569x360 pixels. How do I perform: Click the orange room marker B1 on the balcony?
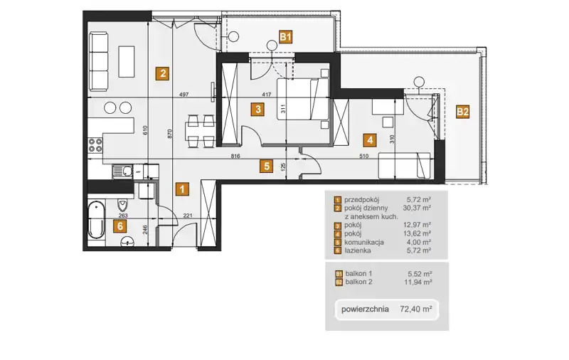286,37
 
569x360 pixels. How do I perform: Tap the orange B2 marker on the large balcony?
463,112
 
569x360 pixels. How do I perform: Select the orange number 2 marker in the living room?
163,73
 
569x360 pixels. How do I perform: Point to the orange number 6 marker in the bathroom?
119,226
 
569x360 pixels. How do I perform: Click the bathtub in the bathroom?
96,220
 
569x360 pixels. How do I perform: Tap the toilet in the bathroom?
123,205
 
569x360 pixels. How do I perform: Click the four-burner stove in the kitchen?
95,145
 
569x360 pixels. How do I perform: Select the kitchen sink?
122,171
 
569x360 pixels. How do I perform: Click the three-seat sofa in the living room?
99,61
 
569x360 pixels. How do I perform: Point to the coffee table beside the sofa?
127,61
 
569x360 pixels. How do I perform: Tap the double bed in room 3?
303,99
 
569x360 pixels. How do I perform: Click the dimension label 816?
235,157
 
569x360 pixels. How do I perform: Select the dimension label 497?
184,95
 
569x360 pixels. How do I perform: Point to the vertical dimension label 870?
170,134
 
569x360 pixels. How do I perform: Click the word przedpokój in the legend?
361,200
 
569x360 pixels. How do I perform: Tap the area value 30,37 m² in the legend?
417,208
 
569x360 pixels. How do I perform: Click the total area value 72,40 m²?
416,309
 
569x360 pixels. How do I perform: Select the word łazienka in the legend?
358,250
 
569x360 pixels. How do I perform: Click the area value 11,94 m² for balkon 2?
418,282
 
